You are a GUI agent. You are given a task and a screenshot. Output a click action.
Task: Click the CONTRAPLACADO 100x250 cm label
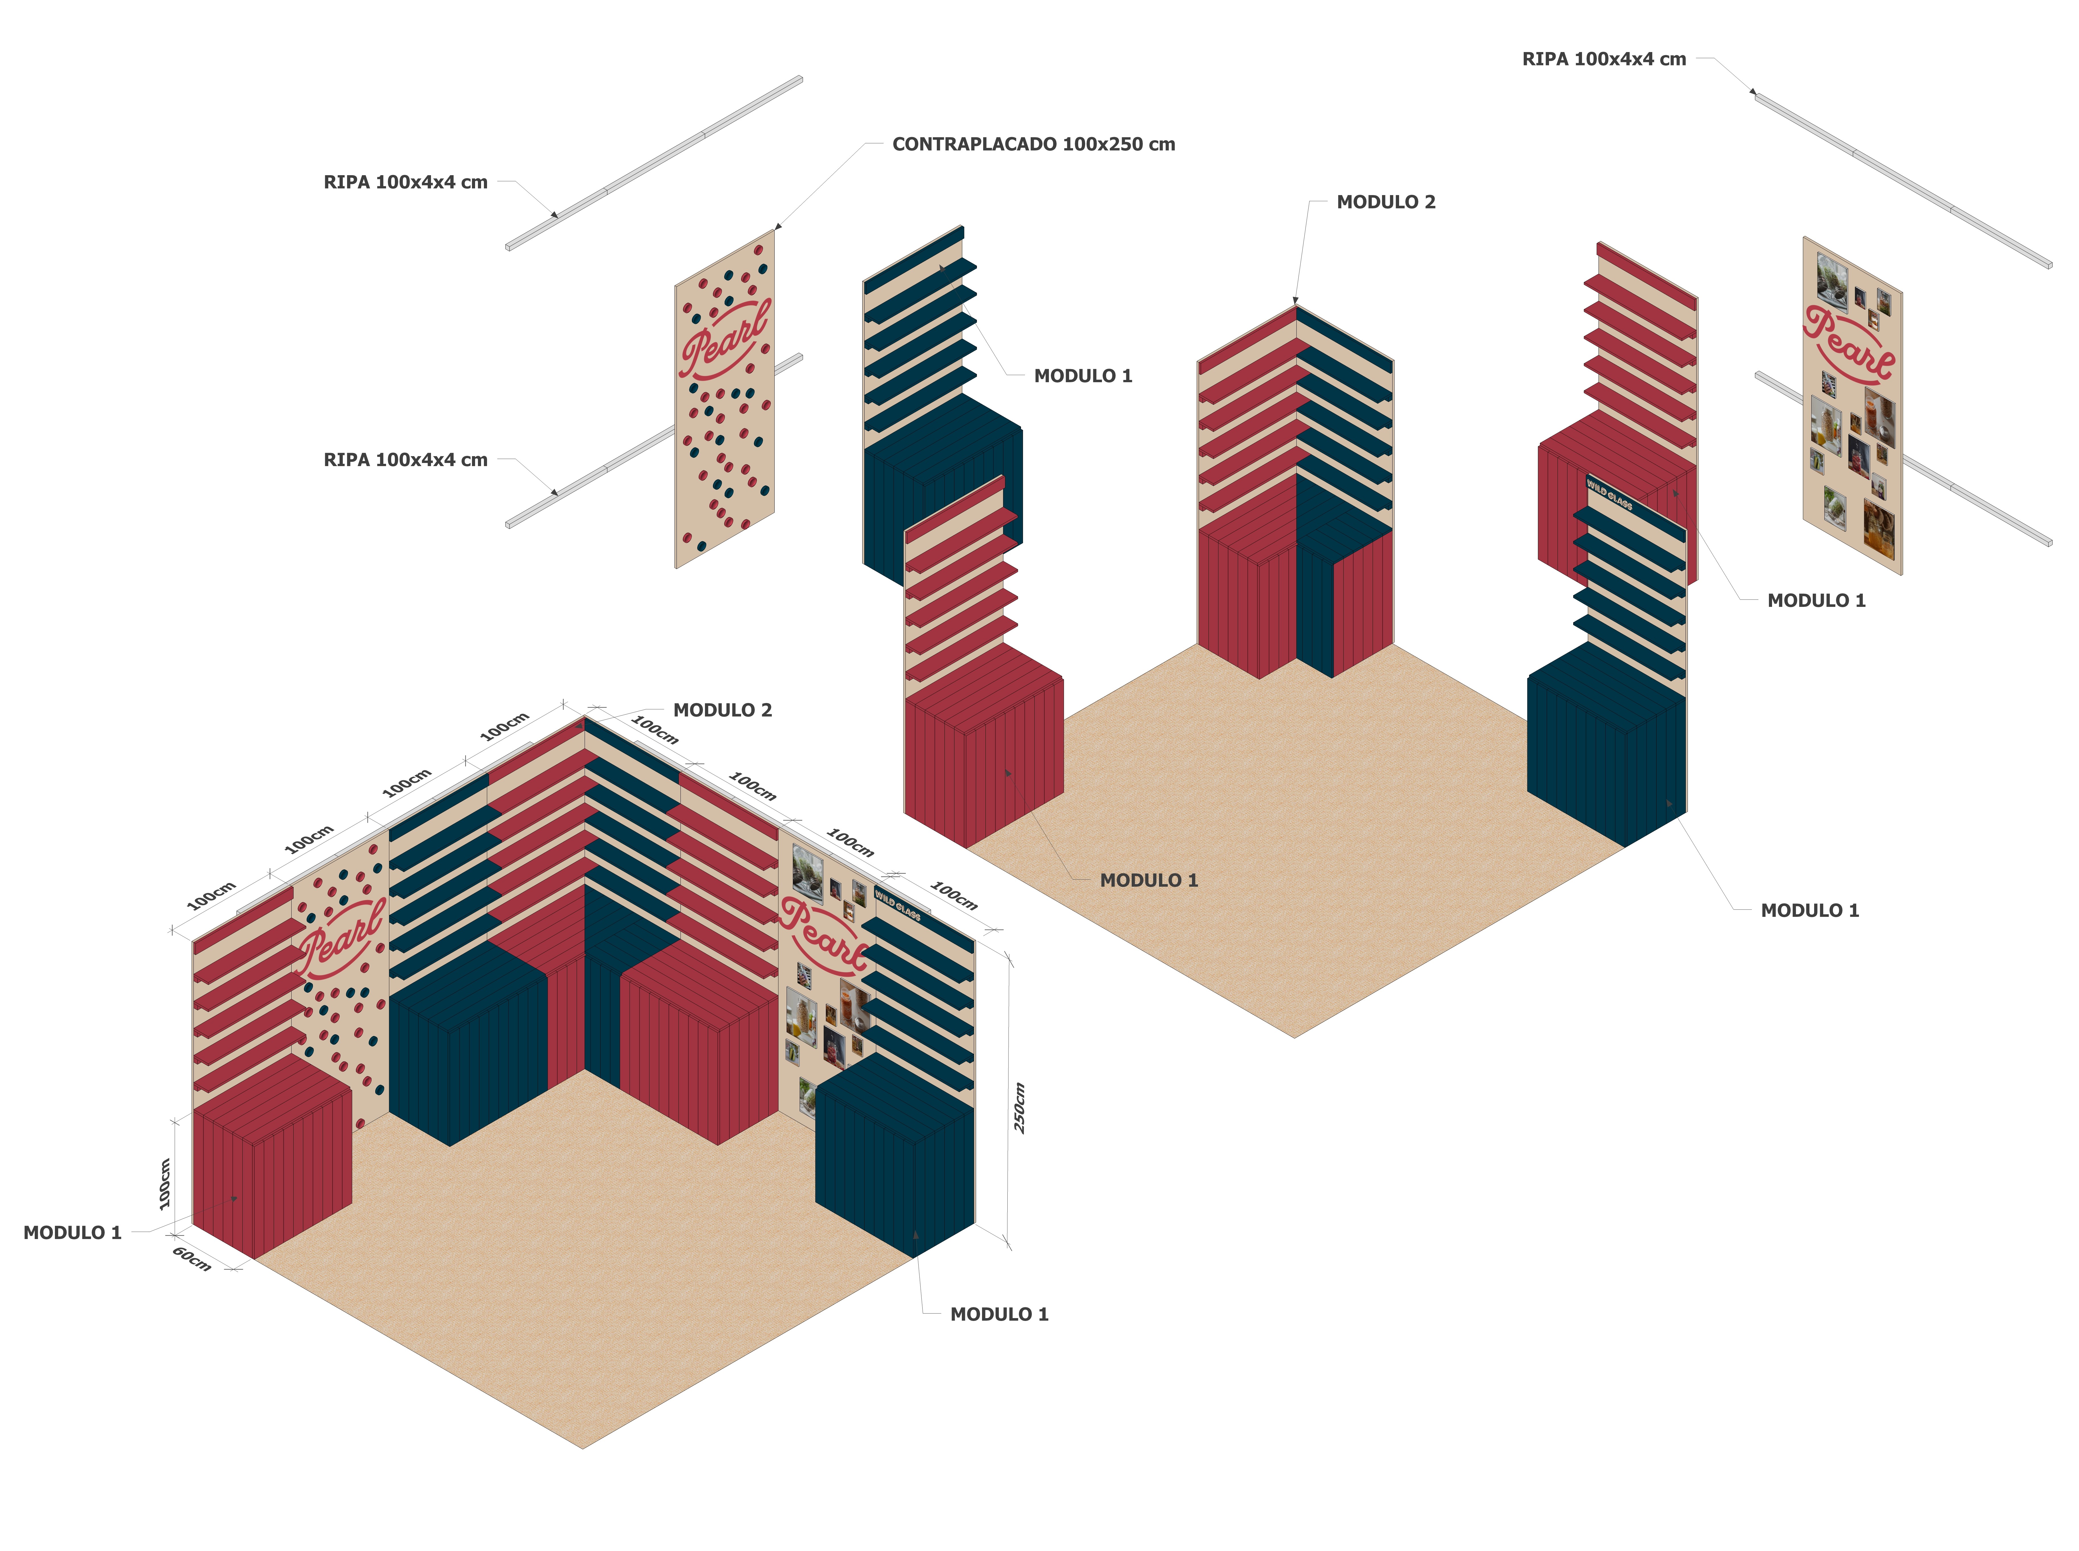pos(1033,144)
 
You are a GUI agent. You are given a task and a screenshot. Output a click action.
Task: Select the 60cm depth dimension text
pos(191,1259)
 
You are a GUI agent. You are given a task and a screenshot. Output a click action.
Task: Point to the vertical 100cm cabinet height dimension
pos(165,1183)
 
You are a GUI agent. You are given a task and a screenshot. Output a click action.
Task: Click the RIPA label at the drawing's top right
pos(1603,59)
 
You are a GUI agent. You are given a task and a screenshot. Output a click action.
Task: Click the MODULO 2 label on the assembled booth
pos(722,711)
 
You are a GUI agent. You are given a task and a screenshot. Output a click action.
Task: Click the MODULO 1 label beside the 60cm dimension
pos(72,1233)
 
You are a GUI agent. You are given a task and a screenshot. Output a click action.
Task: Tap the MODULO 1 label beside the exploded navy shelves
pos(1083,377)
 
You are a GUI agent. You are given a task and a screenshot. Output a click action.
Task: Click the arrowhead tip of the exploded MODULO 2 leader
pos(1296,302)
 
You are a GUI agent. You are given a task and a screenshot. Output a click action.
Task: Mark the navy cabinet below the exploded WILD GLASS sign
pos(1606,751)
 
